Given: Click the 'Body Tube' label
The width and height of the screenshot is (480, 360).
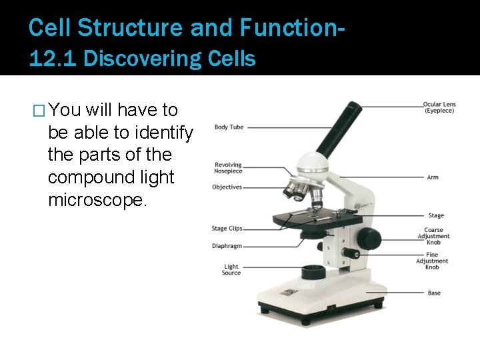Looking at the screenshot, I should point(229,127).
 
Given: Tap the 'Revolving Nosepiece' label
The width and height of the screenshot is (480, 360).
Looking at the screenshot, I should point(228,168).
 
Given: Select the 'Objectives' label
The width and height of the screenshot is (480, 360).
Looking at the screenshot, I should point(227,187).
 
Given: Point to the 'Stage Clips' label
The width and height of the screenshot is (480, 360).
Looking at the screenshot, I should point(227,229).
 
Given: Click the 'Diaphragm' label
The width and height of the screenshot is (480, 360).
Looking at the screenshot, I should point(227,246).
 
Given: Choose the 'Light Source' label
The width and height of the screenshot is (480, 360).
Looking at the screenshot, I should point(231,270).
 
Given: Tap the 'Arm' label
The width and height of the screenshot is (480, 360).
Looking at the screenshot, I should point(433,177).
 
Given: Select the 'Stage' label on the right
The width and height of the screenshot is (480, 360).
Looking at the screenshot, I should point(435,215).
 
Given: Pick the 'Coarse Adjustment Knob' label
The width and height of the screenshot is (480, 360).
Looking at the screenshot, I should point(434,236).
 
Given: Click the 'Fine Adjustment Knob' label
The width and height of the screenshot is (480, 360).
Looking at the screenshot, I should point(432,261).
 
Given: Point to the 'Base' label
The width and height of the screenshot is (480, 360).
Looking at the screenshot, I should point(434,293).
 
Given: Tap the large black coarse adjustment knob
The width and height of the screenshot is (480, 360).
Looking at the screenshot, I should point(368,238).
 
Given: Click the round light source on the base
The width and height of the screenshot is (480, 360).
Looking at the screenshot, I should point(313,272).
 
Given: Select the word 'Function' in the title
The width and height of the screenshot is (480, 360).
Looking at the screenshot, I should point(293,27).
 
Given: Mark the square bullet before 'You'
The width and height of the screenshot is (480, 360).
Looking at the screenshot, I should point(39,111).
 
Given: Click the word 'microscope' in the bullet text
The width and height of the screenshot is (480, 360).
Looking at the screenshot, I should point(95,200).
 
